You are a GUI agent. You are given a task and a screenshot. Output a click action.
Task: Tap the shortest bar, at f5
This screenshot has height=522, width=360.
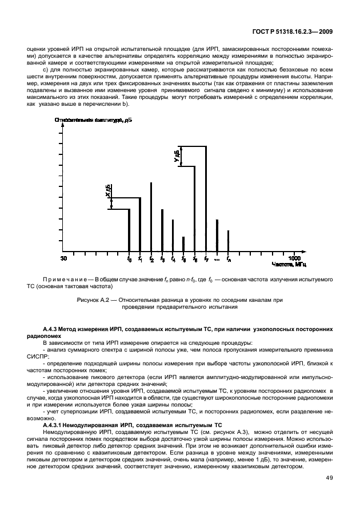(183, 244)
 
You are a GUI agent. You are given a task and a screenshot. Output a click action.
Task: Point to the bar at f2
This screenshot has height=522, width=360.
(151, 217)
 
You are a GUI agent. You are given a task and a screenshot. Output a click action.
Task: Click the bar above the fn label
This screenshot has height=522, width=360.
(228, 241)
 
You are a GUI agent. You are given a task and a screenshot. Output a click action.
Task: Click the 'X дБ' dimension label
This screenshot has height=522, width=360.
(107, 191)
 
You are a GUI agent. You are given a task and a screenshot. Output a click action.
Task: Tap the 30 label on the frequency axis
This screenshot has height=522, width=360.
(63, 259)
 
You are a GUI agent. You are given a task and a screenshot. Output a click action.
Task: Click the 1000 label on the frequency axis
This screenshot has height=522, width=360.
(294, 259)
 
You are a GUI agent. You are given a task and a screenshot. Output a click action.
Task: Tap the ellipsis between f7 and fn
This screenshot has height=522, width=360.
(217, 260)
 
